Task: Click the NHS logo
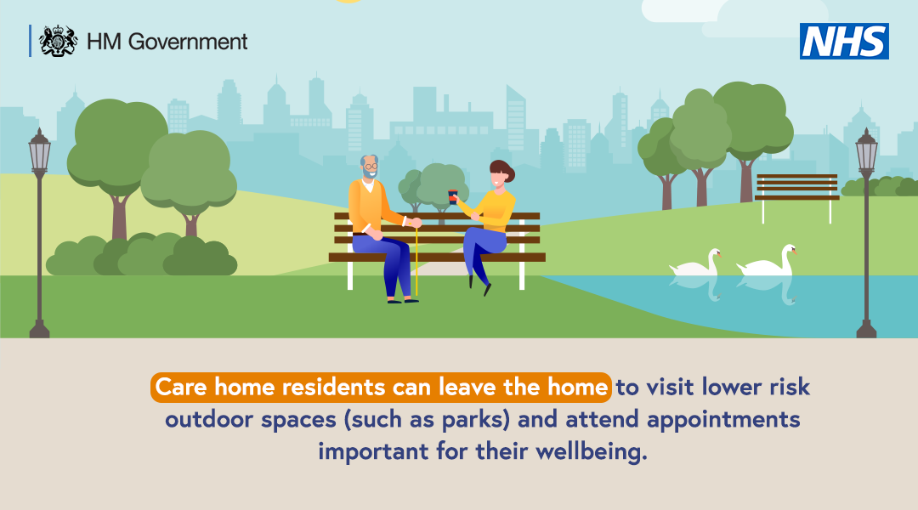point(844,41)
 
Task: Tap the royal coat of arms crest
point(58,41)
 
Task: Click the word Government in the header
point(187,42)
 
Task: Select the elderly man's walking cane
point(416,263)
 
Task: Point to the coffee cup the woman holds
point(452,196)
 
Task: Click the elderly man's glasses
point(370,167)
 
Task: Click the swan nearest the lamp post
point(767,261)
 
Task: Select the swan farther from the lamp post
point(695,263)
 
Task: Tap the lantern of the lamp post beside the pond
point(866,151)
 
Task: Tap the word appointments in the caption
point(723,420)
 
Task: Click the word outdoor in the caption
point(210,419)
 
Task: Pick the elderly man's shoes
point(403,300)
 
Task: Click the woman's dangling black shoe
point(487,289)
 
